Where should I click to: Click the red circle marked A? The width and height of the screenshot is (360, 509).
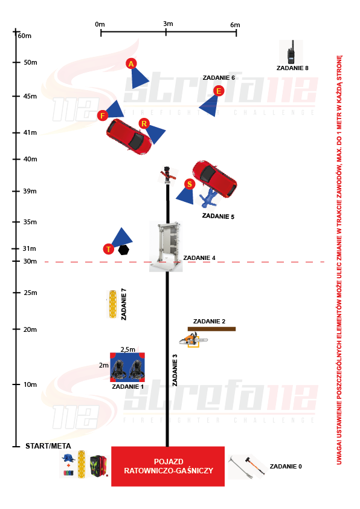(x=131, y=63)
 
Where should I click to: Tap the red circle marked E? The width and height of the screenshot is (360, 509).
(x=219, y=91)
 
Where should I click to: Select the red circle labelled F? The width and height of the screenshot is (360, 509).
(x=103, y=115)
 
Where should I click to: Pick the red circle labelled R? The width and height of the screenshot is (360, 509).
(x=144, y=123)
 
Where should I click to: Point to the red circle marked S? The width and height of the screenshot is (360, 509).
(x=190, y=184)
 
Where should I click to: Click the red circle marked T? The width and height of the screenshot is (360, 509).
(x=108, y=249)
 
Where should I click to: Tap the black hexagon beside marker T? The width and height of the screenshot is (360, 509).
(x=124, y=250)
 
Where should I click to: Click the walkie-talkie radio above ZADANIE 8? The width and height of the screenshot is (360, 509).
(x=291, y=52)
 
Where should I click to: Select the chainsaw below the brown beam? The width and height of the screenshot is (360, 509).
(x=194, y=340)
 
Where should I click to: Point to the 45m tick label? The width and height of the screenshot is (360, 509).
(x=30, y=96)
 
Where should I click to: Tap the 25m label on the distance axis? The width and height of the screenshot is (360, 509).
(x=30, y=293)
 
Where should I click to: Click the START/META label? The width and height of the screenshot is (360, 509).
(x=48, y=446)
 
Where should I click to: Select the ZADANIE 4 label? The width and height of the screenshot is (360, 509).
(x=199, y=258)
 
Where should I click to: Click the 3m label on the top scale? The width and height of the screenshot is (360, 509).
(x=168, y=24)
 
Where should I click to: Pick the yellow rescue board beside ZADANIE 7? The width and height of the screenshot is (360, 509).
(x=112, y=304)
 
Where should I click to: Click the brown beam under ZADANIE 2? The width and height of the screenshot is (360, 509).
(x=211, y=329)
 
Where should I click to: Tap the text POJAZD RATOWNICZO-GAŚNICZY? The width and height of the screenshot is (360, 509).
(x=169, y=466)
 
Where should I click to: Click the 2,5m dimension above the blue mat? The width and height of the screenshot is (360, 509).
(x=128, y=349)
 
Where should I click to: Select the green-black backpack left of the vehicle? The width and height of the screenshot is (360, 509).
(x=98, y=466)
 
